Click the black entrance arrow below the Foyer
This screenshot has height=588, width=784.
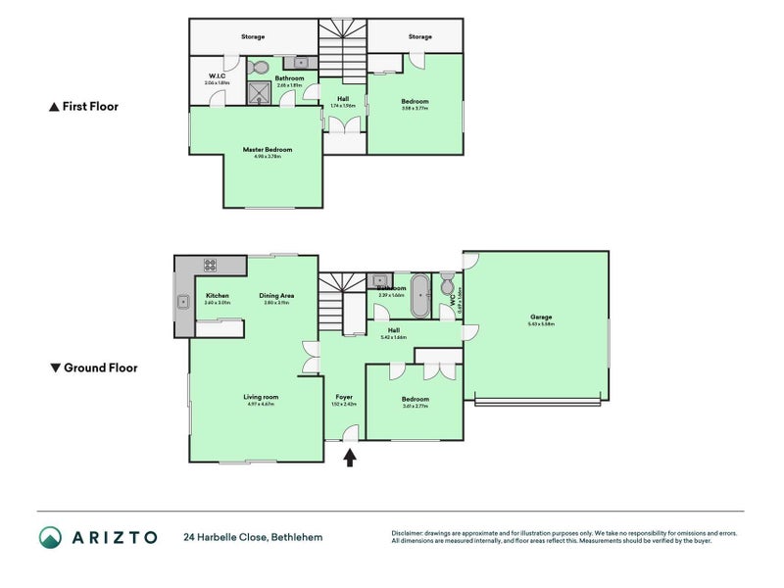350,457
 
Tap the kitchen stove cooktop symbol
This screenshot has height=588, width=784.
209,265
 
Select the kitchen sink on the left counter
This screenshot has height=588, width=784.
183,302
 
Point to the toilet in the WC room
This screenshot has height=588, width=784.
448,286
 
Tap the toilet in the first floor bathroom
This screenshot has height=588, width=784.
260,68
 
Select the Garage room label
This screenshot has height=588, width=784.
541,317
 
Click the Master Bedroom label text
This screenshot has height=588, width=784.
268,150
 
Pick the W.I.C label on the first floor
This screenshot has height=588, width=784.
217,76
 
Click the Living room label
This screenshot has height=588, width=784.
262,397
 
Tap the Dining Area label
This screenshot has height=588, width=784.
277,295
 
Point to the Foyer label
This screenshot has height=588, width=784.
344,397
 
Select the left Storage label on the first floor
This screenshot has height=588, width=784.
253,37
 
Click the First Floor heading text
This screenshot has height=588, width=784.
90,106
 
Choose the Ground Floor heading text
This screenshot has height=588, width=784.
100,368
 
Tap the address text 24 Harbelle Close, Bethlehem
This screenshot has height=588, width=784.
252,537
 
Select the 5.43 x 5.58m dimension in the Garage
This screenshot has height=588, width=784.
541,324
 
